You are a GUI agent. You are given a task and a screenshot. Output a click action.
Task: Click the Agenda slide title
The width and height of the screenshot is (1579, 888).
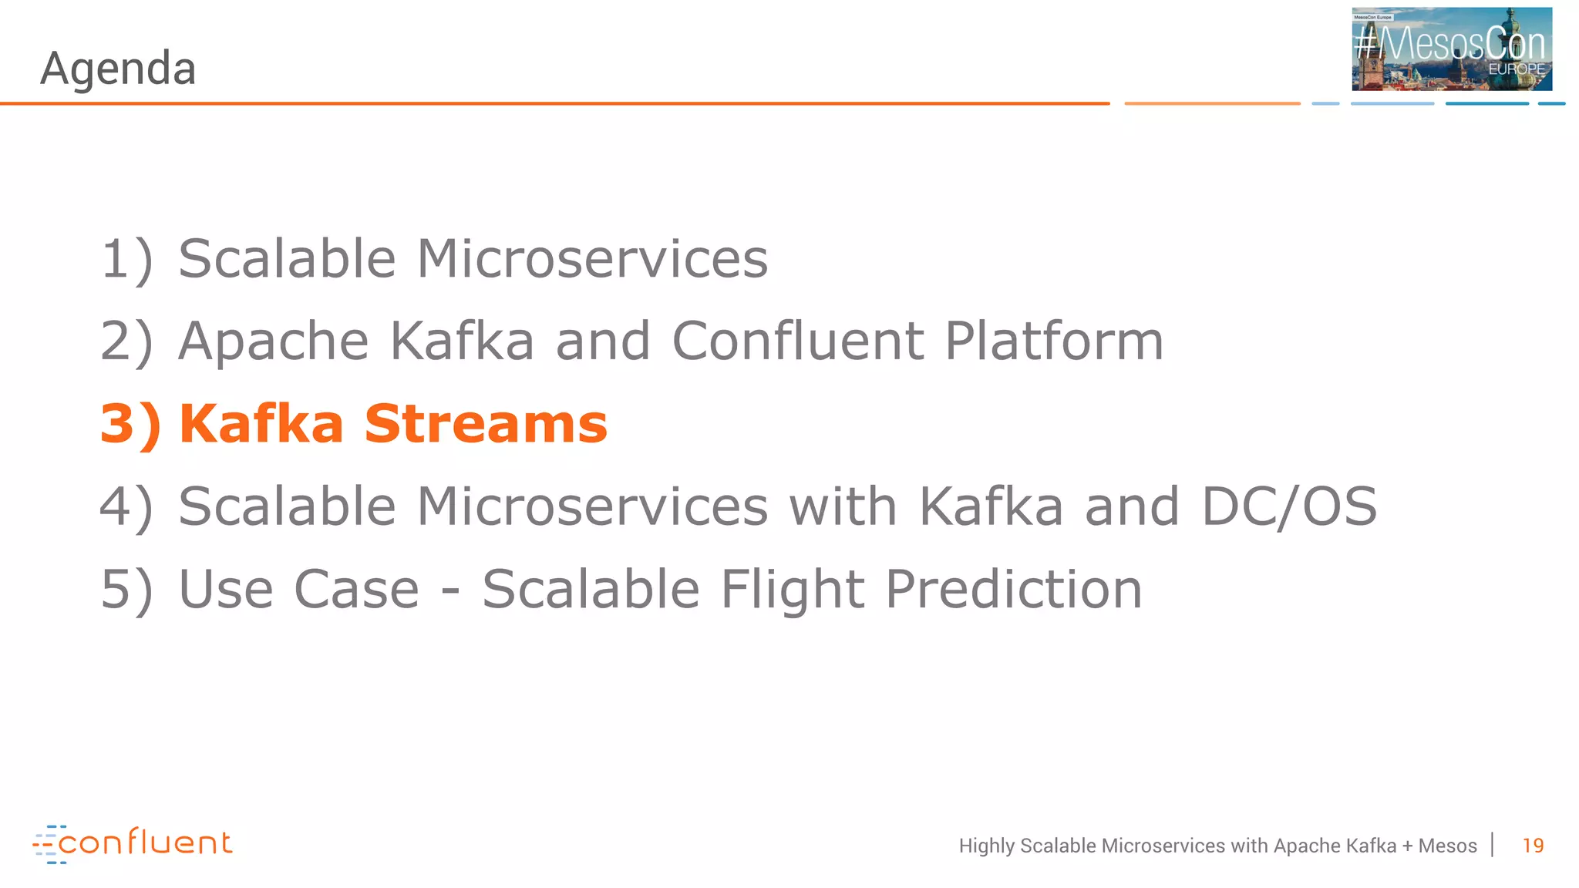click(118, 69)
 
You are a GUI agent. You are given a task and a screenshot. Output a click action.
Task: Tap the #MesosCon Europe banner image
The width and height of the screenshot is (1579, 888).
click(1451, 49)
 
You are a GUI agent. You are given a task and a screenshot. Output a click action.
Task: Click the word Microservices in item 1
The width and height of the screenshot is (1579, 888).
click(592, 259)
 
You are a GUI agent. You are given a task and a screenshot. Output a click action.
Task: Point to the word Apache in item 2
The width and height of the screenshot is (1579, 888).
click(274, 341)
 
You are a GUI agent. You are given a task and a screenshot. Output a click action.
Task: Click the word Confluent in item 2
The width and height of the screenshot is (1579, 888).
click(798, 341)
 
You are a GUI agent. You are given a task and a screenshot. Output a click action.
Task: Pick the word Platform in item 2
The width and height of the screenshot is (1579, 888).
click(1054, 341)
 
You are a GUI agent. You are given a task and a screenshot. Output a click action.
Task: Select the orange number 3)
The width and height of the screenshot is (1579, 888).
click(130, 425)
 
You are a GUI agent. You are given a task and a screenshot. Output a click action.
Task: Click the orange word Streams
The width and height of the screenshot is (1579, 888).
click(486, 425)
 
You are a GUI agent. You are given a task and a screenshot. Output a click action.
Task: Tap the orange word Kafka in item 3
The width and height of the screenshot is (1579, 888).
click(261, 425)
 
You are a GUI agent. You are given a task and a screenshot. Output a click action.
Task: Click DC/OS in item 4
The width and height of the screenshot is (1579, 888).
click(1289, 507)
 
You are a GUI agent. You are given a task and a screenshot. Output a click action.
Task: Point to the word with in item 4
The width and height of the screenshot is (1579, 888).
click(843, 507)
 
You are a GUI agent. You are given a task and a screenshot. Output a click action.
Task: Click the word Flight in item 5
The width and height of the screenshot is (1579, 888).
click(792, 590)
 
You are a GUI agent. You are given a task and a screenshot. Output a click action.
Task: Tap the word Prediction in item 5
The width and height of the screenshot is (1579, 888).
click(1013, 590)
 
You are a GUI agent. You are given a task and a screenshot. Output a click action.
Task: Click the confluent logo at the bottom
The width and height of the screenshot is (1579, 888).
click(133, 843)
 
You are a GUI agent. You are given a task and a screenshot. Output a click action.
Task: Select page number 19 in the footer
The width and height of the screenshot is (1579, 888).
click(1533, 846)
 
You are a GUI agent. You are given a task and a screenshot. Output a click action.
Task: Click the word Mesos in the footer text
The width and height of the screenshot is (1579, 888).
click(1447, 846)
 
